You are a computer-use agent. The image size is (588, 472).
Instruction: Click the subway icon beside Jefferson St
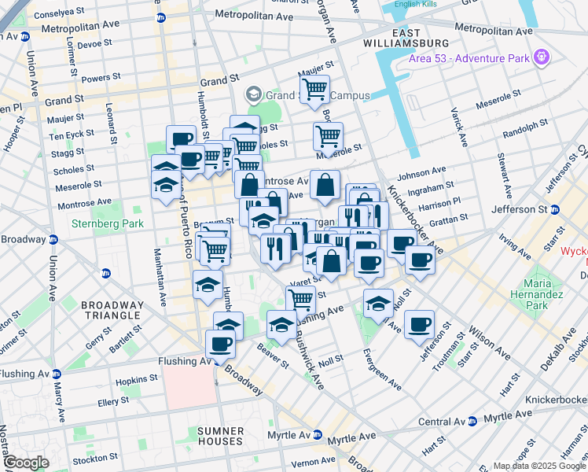pyautogui.click(x=555, y=209)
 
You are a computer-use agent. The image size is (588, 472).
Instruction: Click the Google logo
pyautogui.click(x=27, y=463)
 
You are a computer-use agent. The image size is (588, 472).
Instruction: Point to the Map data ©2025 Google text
pyautogui.click(x=539, y=466)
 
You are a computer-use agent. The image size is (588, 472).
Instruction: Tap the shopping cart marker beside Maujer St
pyautogui.click(x=314, y=90)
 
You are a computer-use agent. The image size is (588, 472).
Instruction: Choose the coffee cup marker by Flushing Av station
pyautogui.click(x=221, y=344)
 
